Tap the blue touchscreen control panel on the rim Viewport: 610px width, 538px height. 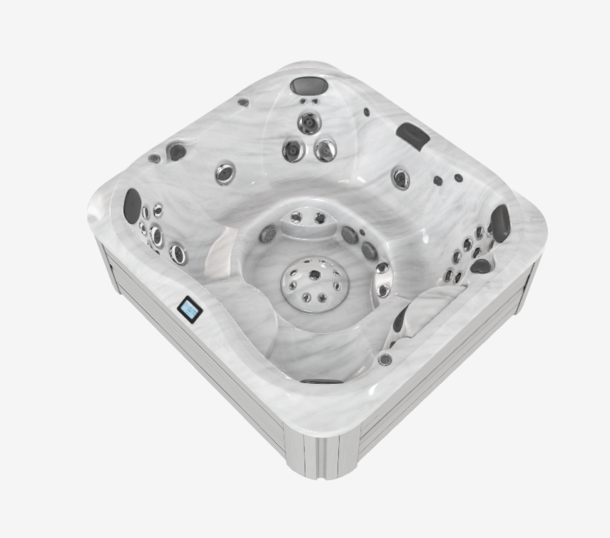click(190, 310)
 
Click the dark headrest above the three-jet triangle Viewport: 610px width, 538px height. click(309, 86)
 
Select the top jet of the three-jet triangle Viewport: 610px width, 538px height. click(309, 123)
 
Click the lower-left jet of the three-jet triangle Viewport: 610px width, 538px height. click(293, 150)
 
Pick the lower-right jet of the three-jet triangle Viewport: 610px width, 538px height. click(325, 150)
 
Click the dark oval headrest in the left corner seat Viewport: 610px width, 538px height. click(132, 205)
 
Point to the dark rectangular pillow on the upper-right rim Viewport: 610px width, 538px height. click(413, 136)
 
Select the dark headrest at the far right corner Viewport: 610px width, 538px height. click(501, 223)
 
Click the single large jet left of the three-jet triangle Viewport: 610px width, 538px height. click(225, 172)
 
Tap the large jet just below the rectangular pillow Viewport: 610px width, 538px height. click(401, 178)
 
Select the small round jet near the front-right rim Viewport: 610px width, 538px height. click(385, 359)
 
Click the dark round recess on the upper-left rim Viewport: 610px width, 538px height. click(176, 151)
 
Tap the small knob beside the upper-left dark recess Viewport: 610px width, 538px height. click(155, 158)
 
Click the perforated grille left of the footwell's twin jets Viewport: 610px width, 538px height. click(268, 233)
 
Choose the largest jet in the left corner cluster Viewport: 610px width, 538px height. click(177, 253)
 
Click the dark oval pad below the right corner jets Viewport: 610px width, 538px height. click(481, 266)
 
